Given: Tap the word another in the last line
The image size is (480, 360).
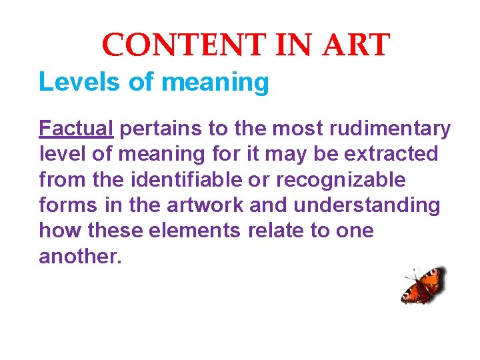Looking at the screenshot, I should pos(80,257).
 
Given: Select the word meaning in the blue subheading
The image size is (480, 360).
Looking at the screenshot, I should pos(215,83).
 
